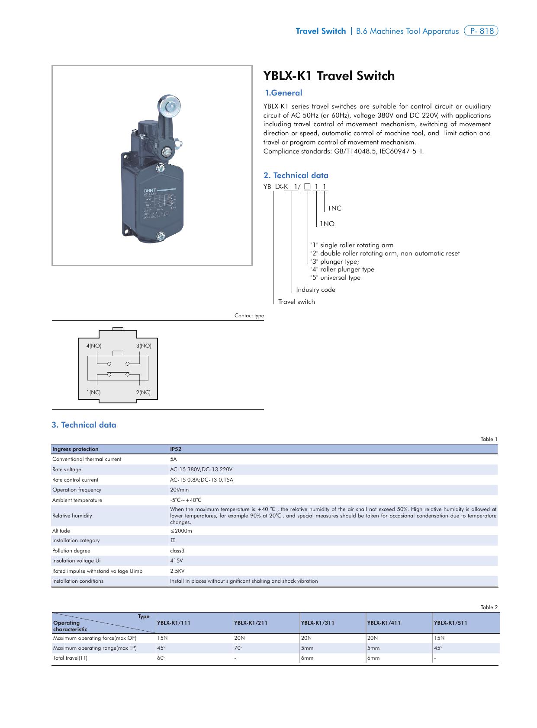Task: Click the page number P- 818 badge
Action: [481, 31]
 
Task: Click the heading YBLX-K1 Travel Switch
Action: [329, 76]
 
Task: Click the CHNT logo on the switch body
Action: [150, 190]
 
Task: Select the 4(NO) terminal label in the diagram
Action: [94, 346]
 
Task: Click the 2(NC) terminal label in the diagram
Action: [143, 393]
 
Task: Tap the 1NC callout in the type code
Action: [334, 208]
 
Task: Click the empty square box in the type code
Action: [307, 187]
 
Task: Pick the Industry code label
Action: [315, 290]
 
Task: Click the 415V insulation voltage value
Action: [176, 561]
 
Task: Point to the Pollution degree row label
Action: [71, 551]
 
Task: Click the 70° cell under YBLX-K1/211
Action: [238, 648]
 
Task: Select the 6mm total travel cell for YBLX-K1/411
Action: [373, 658]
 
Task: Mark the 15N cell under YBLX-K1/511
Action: [439, 638]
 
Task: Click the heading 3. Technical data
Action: [84, 425]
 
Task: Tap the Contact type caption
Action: [249, 316]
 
